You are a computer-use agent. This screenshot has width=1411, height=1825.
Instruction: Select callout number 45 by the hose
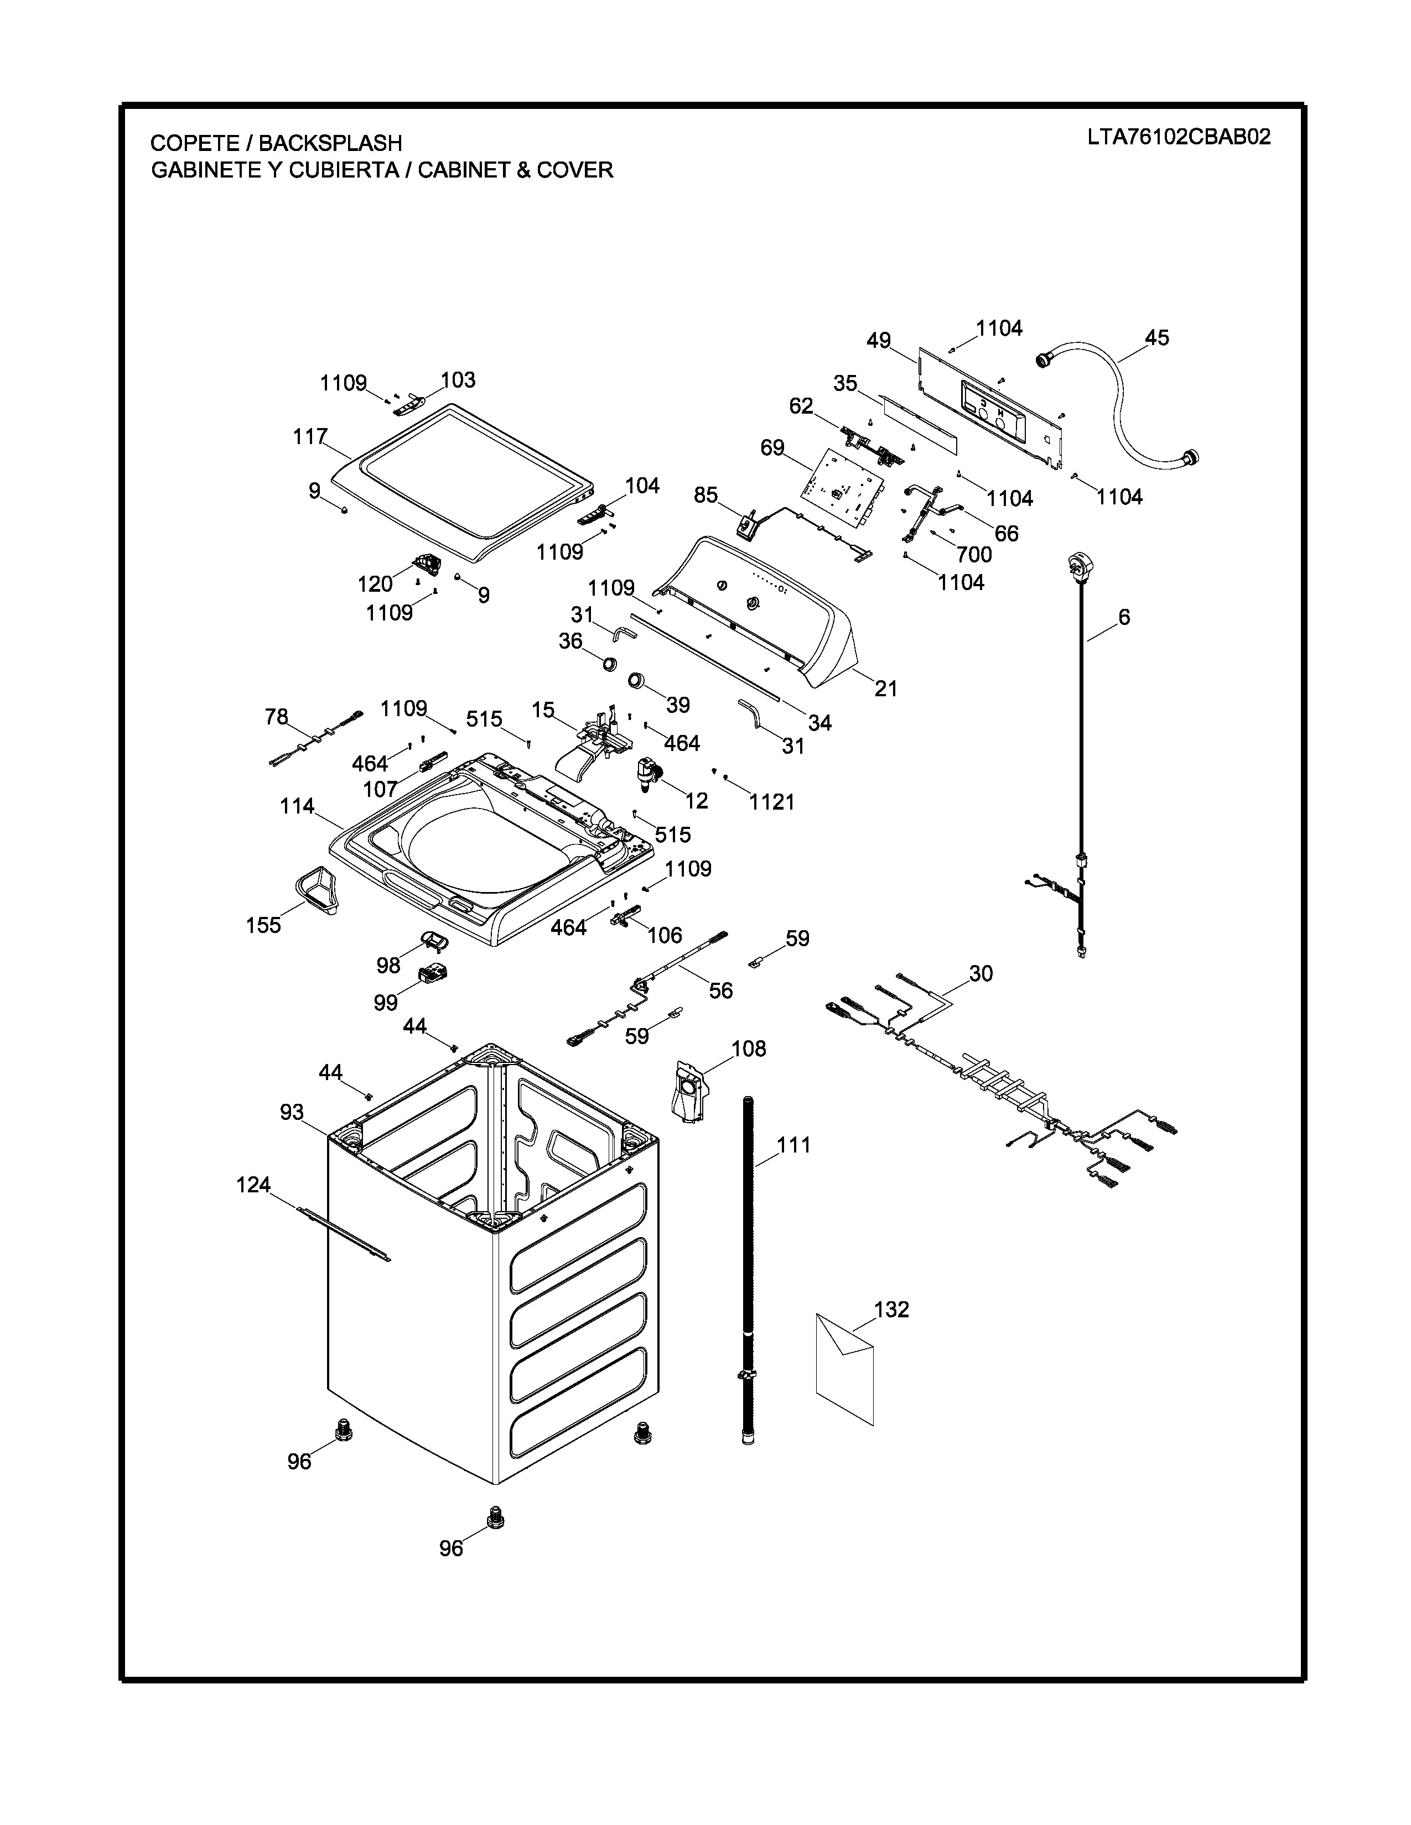[1157, 338]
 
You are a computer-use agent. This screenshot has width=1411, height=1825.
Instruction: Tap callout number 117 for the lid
[309, 436]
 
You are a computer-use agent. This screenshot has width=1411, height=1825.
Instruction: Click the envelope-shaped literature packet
[844, 1370]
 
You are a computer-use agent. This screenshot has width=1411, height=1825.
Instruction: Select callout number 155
[263, 925]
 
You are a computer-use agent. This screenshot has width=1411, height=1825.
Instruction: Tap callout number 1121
[771, 802]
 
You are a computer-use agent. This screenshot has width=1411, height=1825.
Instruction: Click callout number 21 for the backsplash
[886, 689]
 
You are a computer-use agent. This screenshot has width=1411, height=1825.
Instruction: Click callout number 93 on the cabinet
[292, 1112]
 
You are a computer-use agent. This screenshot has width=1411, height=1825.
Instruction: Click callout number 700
[974, 554]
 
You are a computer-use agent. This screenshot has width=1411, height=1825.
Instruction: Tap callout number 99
[385, 1002]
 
